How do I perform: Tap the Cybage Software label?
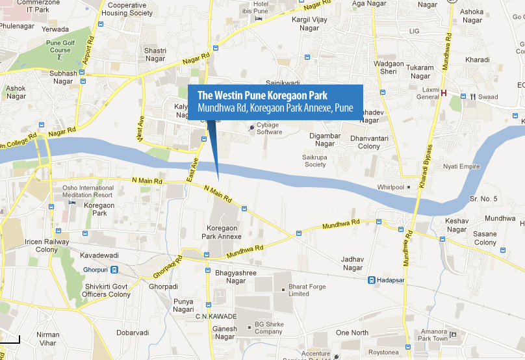point(268,128)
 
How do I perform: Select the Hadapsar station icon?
point(371,281)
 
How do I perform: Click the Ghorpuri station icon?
point(114,270)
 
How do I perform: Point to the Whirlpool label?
point(391,187)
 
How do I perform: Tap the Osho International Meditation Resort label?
point(87,192)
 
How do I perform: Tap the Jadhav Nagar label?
point(352,263)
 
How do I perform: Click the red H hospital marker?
point(444,93)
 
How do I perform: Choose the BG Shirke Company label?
point(268,328)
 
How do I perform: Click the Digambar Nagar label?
point(325,139)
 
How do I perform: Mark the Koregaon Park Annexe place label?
point(224,232)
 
